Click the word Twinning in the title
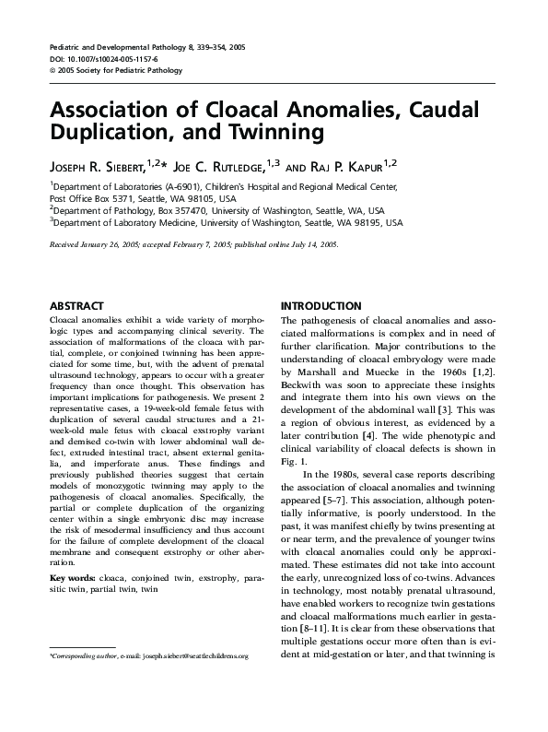coord(282,132)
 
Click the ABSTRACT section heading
coord(77,305)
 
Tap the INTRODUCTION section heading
coord(321,305)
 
